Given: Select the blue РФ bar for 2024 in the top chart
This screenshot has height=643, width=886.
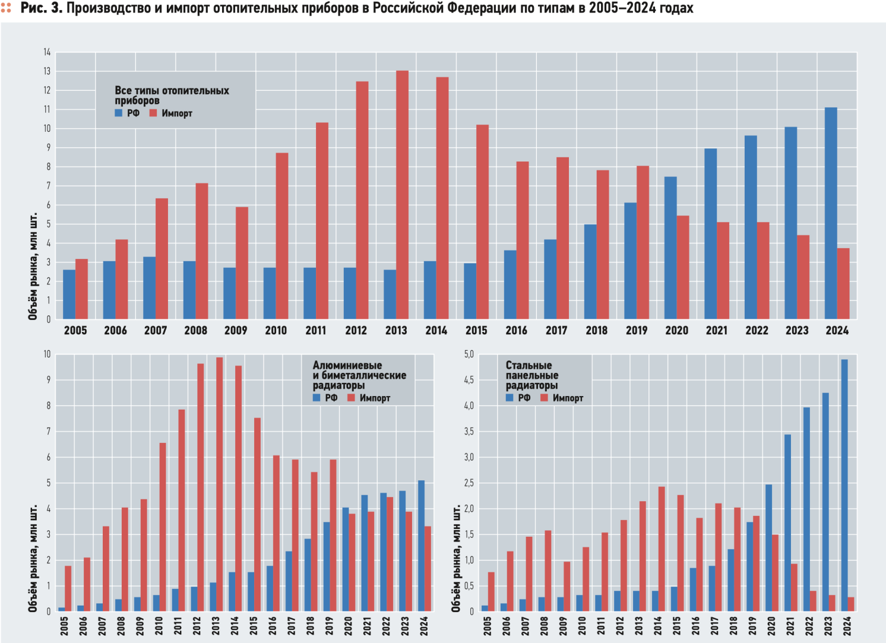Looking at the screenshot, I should [831, 214].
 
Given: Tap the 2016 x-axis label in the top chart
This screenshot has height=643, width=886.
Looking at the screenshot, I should [516, 331].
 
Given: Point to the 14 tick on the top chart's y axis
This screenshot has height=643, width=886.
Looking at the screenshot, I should [47, 52].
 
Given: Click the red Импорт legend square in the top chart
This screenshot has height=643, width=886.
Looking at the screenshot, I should [153, 113].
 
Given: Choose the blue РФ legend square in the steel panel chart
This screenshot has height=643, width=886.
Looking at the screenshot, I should [510, 397].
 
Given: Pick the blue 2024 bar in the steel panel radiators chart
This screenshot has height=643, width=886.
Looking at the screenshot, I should [844, 485].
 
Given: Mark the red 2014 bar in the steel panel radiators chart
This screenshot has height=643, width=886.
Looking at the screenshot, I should [661, 549].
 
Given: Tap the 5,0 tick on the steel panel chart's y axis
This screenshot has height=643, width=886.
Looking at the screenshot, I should [469, 354].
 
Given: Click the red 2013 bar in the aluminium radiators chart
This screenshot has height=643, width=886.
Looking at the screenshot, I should [219, 484].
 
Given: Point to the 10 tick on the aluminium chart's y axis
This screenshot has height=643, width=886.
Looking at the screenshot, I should [47, 354].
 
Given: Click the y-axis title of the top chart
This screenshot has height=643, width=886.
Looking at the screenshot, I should [33, 267].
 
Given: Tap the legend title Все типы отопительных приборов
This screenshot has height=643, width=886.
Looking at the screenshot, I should [172, 95].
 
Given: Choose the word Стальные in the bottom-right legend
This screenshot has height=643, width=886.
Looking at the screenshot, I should [529, 365].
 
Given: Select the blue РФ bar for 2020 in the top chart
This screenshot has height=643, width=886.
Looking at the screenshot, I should [670, 248].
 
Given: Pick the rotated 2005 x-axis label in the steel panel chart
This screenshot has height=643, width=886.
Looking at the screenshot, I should [488, 626].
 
